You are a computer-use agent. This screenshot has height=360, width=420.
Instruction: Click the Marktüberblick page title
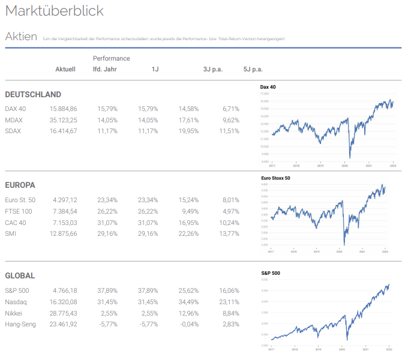click(54, 11)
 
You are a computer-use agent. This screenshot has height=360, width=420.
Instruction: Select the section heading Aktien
click(21, 37)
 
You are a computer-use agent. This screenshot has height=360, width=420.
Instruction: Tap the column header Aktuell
click(65, 70)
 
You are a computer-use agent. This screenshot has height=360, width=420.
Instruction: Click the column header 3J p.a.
click(213, 70)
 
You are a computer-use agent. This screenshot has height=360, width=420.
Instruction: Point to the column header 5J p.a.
click(253, 70)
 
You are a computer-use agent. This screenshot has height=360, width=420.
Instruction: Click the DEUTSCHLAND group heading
click(33, 95)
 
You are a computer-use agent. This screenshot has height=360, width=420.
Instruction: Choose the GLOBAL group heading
click(20, 276)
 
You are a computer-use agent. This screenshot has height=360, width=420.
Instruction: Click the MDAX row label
click(14, 120)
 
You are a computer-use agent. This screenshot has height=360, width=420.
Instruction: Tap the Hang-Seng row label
click(20, 325)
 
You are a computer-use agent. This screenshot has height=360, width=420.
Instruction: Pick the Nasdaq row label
click(16, 302)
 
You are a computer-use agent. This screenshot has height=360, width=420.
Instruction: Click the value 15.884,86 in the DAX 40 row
click(63, 109)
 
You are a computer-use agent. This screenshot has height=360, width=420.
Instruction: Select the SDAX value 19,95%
click(188, 131)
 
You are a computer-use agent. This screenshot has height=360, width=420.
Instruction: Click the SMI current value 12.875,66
click(63, 233)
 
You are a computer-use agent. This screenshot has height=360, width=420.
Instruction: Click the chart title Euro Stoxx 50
click(275, 178)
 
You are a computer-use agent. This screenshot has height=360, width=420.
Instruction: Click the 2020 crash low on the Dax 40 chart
click(349, 158)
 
